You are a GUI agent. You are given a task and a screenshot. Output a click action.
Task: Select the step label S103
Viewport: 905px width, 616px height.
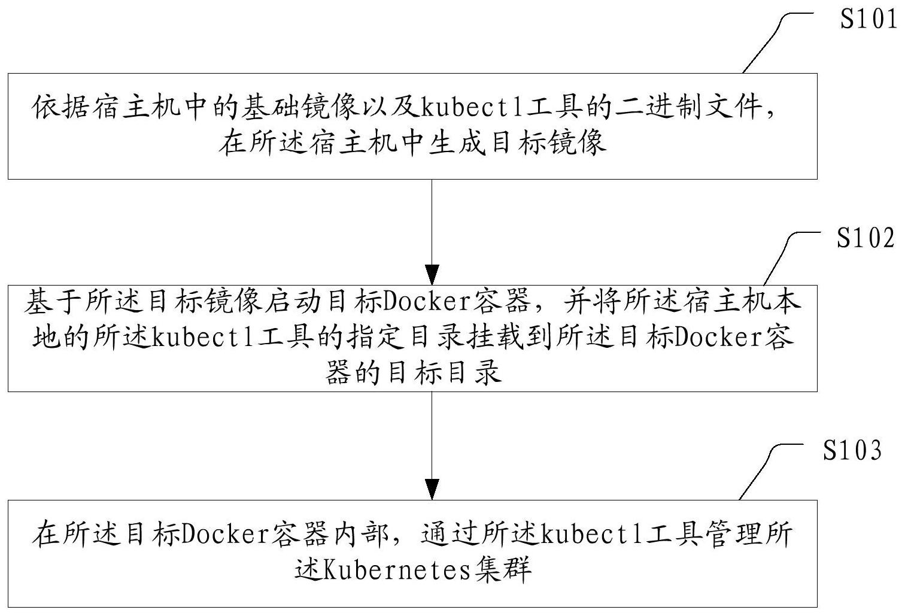(852, 450)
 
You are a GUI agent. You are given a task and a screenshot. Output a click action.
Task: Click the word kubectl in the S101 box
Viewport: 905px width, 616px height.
(470, 109)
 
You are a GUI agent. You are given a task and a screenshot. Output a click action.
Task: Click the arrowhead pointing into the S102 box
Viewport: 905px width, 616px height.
(432, 273)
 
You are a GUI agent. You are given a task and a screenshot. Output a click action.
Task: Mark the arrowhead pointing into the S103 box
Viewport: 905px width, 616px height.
(432, 488)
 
